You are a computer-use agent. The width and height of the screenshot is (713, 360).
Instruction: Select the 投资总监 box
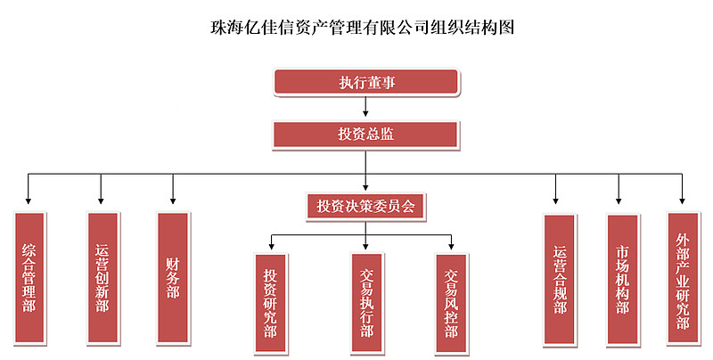tap(366, 134)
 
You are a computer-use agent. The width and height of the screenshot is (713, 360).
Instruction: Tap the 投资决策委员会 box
tap(366, 206)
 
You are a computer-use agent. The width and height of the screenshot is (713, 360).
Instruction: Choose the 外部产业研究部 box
tap(683, 278)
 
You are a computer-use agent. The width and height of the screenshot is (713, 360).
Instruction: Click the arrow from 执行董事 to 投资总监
tap(366, 108)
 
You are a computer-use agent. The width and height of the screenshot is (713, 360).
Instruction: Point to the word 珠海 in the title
tap(218, 27)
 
